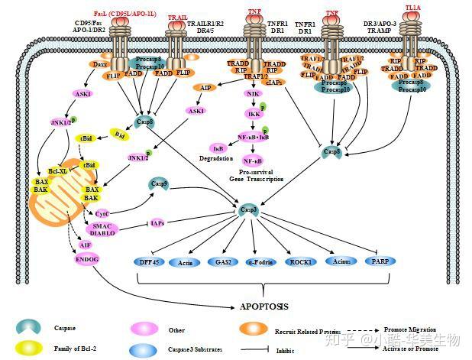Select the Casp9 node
[159, 183]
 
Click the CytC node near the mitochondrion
[102, 213]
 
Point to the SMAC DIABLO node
[103, 230]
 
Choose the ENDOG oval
[86, 259]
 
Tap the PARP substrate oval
[380, 261]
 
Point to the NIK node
[251, 93]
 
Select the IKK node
[251, 113]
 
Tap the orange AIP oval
[205, 87]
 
